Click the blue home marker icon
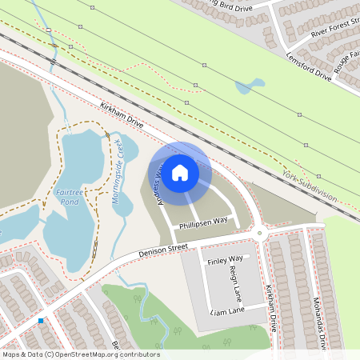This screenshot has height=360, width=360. [180, 172]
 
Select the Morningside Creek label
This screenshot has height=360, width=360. [120, 170]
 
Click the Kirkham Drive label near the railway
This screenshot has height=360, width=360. [122, 117]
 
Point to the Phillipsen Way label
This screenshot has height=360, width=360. [203, 222]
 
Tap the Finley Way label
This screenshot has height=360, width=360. [225, 260]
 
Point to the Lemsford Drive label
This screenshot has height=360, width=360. [308, 66]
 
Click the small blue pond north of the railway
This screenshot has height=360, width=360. [250, 85]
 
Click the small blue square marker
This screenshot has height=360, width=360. [41, 321]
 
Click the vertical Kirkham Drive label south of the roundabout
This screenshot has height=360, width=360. [273, 308]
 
